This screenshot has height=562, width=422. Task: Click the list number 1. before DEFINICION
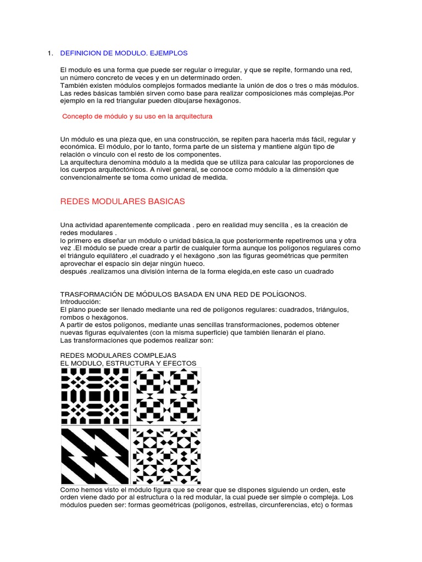(x=50, y=53)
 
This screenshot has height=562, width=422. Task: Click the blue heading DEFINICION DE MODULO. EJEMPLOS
(x=124, y=53)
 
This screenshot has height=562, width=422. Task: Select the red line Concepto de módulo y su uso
(x=137, y=116)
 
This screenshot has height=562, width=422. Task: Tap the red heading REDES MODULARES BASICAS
(x=122, y=201)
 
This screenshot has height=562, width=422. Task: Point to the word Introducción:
(x=80, y=302)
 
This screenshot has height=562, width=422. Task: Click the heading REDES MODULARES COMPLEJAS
(x=118, y=356)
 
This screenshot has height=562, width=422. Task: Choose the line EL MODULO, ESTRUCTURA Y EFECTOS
(x=127, y=363)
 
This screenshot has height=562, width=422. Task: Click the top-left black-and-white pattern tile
(x=95, y=396)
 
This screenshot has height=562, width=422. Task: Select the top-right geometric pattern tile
(x=166, y=396)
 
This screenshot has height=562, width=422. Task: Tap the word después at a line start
(x=73, y=271)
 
